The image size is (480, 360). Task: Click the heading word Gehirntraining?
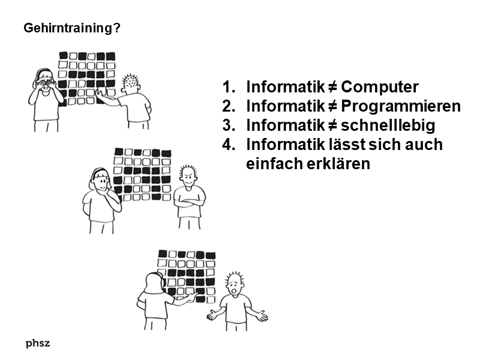pos(72,28)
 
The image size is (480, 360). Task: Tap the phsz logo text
pos(38,343)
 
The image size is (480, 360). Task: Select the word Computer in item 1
pos(380,87)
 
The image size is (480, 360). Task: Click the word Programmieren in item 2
pos(401,106)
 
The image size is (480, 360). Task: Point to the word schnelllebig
pos(388,125)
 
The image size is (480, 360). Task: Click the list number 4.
pos(229,145)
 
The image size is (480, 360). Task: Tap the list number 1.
pos(229,87)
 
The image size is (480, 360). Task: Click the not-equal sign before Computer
pos(333,87)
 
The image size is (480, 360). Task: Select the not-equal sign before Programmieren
pos(333,107)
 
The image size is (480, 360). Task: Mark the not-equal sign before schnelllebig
pos(333,125)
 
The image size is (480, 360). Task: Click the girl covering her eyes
pos(46,100)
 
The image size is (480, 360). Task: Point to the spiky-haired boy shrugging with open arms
pos(237,302)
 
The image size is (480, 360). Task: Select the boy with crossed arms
pos(189,197)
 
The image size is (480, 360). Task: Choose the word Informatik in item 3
pos(286,125)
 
